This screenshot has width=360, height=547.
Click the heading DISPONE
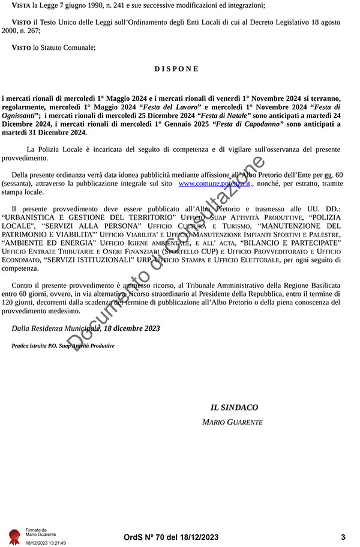(176, 68)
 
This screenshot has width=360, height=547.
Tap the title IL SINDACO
(234, 408)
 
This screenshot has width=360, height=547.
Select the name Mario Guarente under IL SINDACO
(232, 423)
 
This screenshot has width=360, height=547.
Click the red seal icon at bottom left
(14, 536)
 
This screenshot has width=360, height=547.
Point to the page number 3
(343, 537)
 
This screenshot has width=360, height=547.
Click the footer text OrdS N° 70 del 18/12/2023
(171, 537)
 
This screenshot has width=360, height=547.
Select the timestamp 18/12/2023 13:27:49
(45, 542)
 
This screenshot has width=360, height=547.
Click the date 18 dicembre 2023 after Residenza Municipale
(133, 328)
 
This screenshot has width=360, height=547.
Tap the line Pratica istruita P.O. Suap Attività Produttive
(63, 346)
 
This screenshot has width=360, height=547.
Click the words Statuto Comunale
(68, 47)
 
